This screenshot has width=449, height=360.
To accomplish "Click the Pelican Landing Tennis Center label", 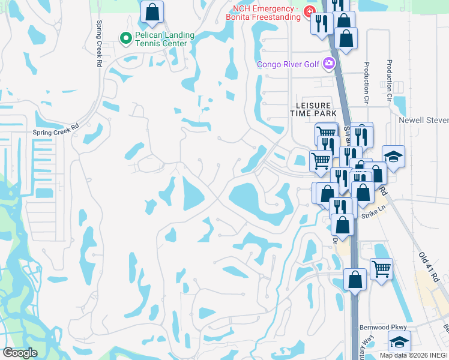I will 164,39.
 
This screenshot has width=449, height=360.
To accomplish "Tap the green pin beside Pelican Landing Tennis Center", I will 126,39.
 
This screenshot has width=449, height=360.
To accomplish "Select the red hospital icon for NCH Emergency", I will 309,11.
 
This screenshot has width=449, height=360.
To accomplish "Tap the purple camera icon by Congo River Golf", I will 328,63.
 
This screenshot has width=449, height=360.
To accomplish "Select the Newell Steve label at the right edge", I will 424,120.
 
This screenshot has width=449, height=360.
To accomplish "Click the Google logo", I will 20,352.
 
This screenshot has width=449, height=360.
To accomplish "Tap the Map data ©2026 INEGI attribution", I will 414,355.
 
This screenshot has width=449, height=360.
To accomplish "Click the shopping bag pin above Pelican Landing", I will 152,11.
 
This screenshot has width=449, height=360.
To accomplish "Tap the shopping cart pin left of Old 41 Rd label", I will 381,269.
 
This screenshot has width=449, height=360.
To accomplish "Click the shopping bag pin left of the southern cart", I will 355,280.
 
